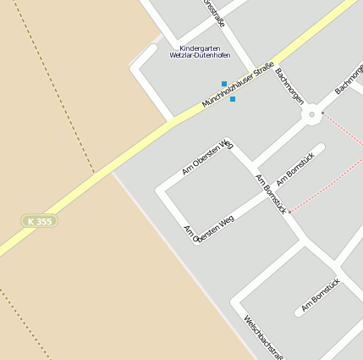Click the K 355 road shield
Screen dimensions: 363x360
[40, 221]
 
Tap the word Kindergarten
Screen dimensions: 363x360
[200, 48]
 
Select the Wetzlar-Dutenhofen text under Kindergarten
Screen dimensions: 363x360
[200, 56]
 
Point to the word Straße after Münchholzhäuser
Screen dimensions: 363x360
[263, 69]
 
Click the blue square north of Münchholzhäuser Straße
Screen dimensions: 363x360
[224, 84]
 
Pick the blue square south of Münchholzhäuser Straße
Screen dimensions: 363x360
[233, 99]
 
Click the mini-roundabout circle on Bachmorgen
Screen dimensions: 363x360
[311, 114]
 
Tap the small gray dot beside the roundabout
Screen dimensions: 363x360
[322, 113]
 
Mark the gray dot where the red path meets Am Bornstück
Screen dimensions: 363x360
[289, 212]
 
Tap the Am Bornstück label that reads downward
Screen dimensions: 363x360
[271, 192]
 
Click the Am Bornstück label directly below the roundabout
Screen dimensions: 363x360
[295, 168]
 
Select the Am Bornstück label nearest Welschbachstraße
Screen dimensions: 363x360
[321, 295]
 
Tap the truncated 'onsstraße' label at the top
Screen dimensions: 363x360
[215, 11]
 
